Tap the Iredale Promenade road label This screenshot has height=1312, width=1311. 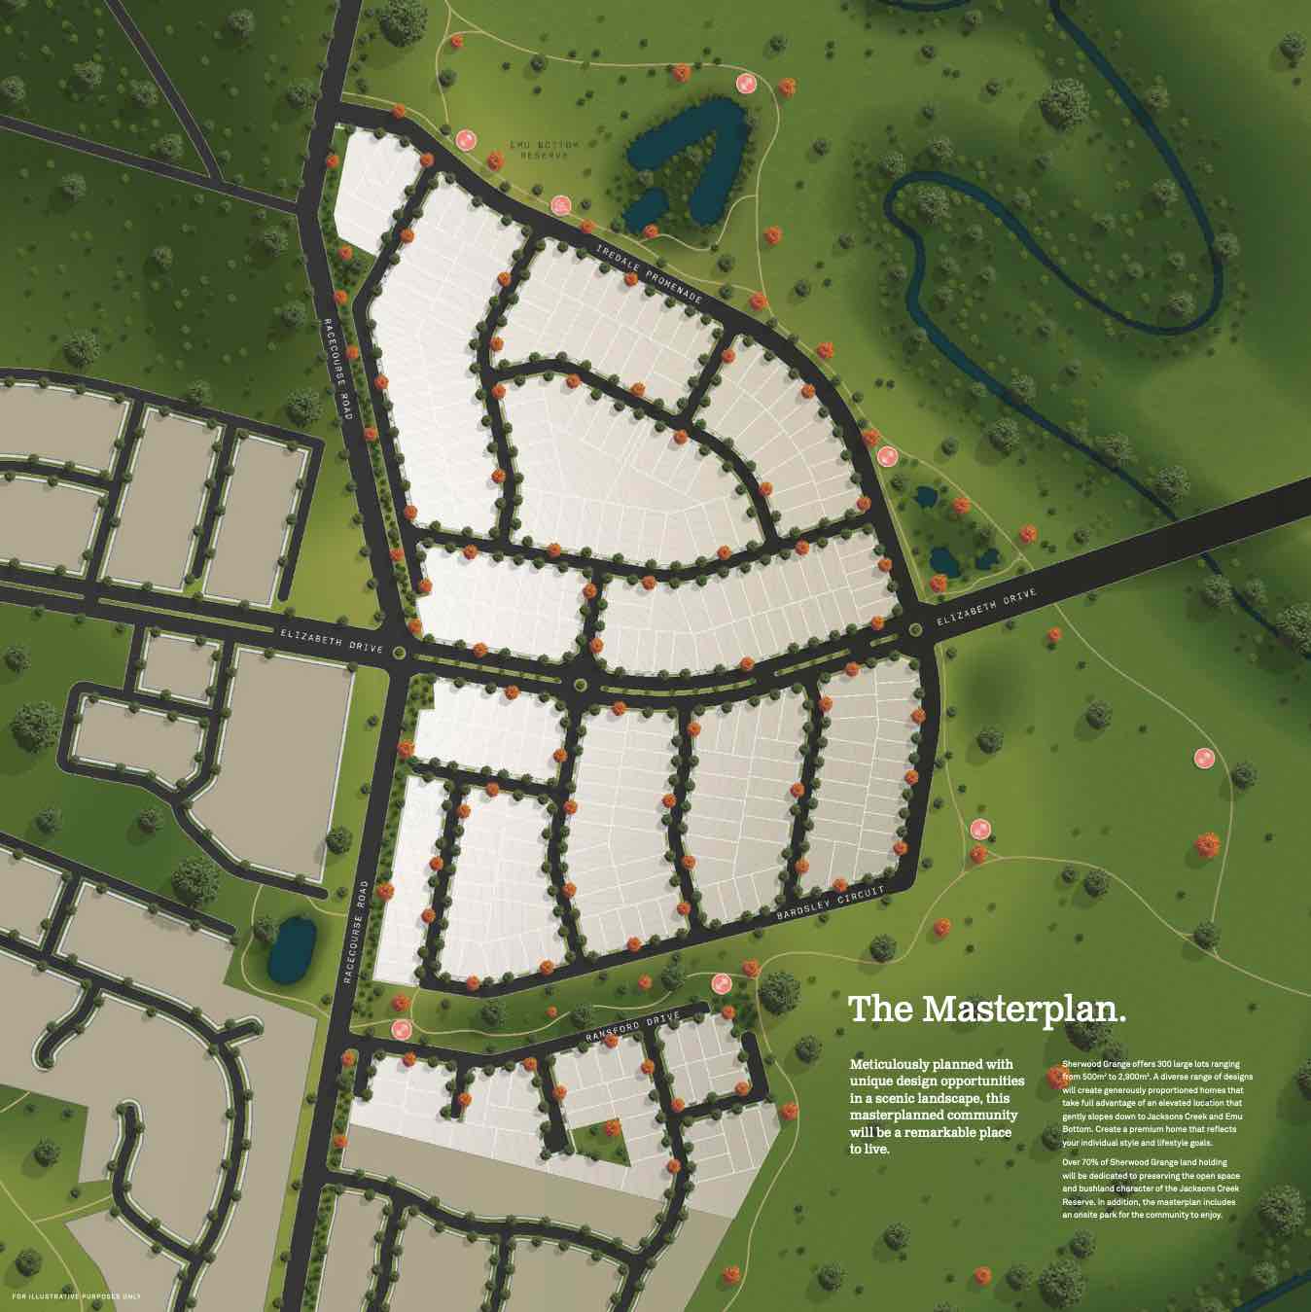click(649, 276)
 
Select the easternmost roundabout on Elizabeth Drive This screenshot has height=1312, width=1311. click(915, 630)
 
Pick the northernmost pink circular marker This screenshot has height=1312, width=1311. click(746, 84)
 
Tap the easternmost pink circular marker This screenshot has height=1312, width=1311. click(1204, 757)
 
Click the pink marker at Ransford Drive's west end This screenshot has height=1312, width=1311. click(399, 1028)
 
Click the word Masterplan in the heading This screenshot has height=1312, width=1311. click(1024, 1009)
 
